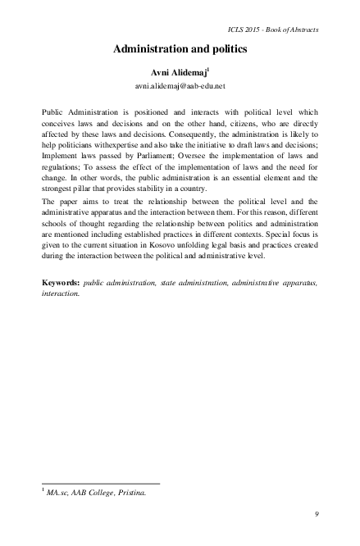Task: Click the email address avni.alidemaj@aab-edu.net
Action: [x=179, y=84]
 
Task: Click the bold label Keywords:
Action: [x=62, y=282]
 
